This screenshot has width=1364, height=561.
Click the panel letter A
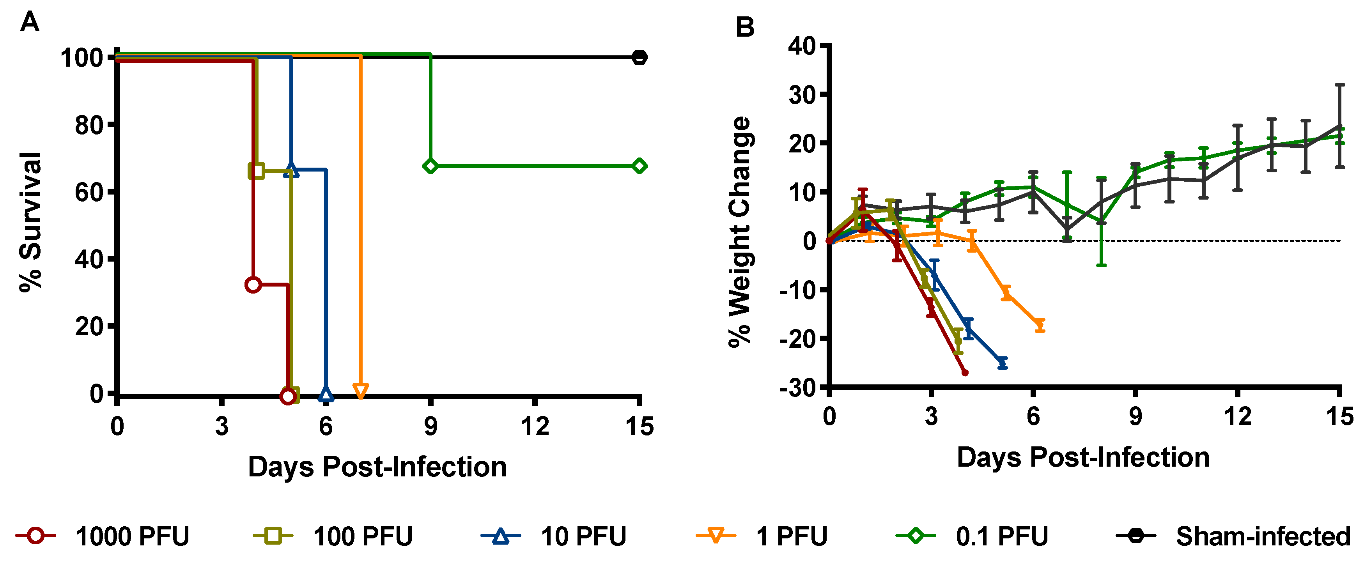pos(30,23)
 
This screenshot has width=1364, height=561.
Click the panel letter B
pos(745,27)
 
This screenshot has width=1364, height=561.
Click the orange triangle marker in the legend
pos(716,536)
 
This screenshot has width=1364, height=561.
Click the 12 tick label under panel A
pos(535,427)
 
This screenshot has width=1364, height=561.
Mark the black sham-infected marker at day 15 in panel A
pos(639,57)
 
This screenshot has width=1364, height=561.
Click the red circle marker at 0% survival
pos(287,396)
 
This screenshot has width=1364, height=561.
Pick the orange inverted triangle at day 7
pos(361,391)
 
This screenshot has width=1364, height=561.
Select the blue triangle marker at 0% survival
pos(326,394)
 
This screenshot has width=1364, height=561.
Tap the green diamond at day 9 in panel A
pos(430,166)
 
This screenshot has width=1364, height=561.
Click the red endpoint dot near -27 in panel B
pos(965,373)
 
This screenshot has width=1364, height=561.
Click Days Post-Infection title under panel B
pos(1083,457)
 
